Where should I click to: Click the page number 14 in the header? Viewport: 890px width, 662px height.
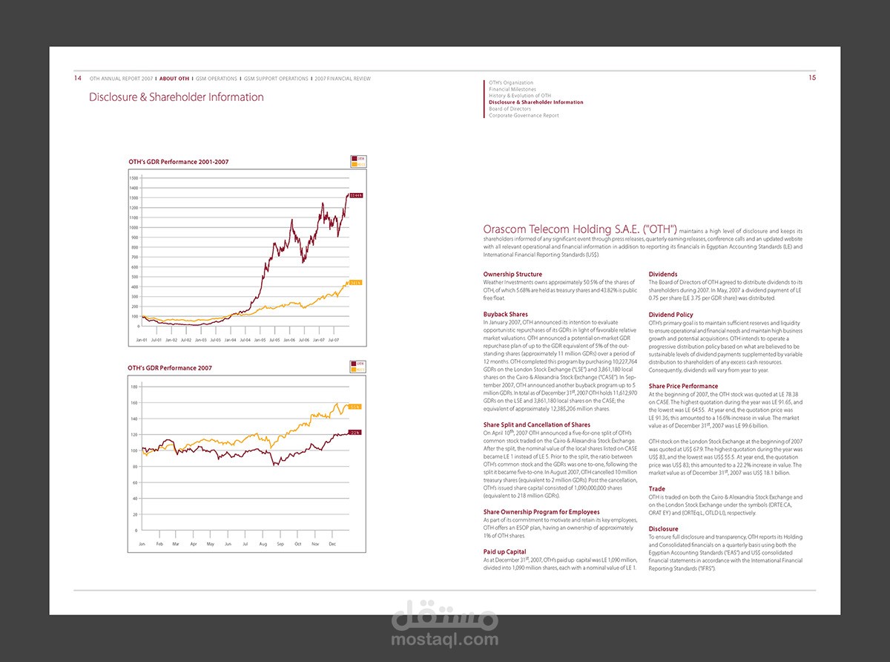point(78,78)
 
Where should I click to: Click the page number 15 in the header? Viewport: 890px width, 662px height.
point(811,77)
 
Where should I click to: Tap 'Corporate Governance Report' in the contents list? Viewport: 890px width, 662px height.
point(524,116)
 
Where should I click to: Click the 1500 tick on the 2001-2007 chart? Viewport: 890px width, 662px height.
point(134,178)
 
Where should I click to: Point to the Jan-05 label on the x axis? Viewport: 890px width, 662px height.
point(260,339)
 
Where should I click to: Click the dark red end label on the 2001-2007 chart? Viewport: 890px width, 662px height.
point(356,195)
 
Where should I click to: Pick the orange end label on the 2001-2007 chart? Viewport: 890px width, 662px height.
point(355,283)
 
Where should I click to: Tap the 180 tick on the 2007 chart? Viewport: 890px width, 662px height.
point(135,387)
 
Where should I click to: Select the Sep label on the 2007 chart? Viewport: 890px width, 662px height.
point(280,544)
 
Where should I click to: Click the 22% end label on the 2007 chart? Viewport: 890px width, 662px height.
point(355,433)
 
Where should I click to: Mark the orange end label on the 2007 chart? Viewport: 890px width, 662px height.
point(355,407)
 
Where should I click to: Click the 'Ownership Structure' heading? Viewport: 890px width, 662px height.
point(512,275)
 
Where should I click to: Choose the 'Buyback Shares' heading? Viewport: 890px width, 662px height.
point(506,315)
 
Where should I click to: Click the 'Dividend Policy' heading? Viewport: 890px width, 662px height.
point(671,315)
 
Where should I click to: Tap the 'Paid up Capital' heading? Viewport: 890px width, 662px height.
point(505,551)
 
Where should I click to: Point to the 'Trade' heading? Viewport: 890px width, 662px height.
point(657,489)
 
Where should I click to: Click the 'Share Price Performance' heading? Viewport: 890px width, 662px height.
point(683,386)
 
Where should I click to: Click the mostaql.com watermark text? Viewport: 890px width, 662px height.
point(445,638)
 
